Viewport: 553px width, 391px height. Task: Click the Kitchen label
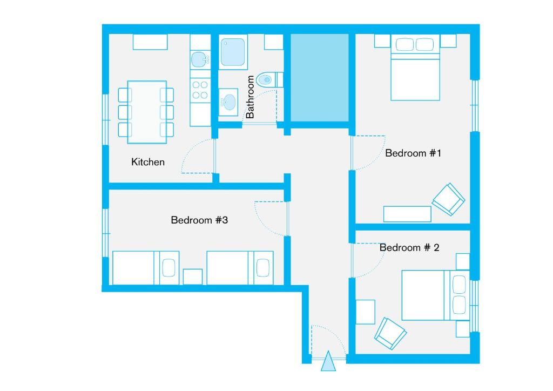click(x=148, y=162)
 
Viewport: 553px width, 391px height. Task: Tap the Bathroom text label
click(x=250, y=97)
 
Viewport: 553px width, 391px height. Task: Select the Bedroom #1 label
click(x=413, y=153)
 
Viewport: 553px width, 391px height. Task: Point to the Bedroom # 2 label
click(x=409, y=247)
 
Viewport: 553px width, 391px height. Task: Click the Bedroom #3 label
click(x=199, y=220)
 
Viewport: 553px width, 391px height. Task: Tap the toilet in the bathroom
click(x=267, y=80)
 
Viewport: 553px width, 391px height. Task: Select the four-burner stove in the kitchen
click(x=200, y=90)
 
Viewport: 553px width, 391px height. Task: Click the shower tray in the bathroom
click(x=233, y=51)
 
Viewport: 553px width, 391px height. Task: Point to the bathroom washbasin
click(x=229, y=101)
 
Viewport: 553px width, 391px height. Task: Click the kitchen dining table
click(x=146, y=112)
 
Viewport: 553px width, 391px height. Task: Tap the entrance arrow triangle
click(x=328, y=362)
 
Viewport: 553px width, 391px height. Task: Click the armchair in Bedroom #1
click(x=448, y=199)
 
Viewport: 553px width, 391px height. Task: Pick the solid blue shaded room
click(x=320, y=77)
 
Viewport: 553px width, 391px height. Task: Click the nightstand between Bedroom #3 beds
click(x=193, y=277)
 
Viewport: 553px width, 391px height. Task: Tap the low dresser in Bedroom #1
click(x=407, y=214)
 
